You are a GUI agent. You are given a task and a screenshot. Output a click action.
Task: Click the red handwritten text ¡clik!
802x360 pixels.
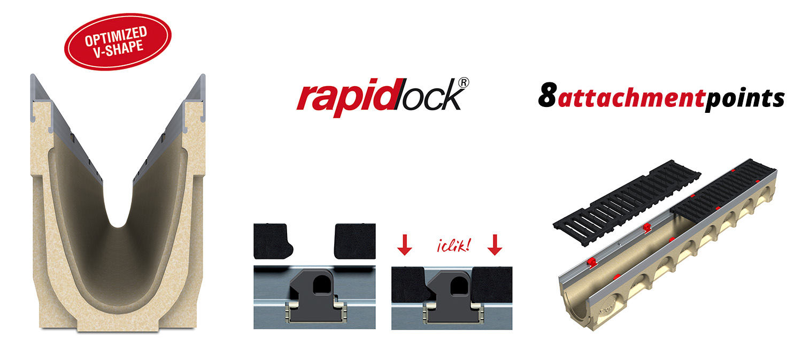click(x=450, y=247)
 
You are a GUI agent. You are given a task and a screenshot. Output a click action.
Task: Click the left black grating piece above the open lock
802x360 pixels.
click(x=273, y=241)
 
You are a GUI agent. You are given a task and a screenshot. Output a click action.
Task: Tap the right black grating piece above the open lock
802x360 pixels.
click(x=355, y=241)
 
